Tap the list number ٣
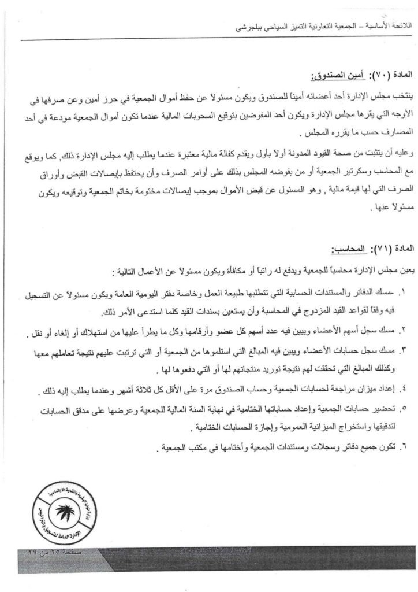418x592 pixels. pyautogui.click(x=402, y=350)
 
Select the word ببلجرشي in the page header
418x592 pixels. pyautogui.click(x=251, y=27)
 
